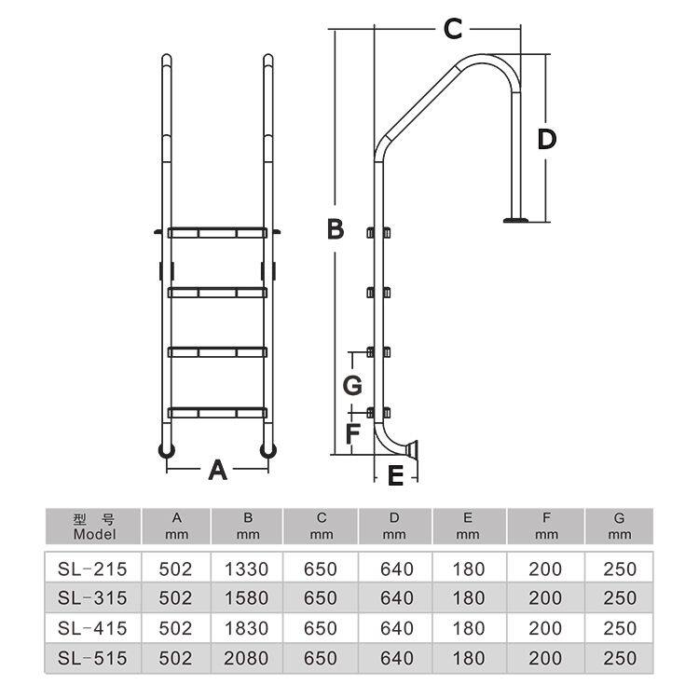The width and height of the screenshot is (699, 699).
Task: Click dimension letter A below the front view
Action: tap(217, 471)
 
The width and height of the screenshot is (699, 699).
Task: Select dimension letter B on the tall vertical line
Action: tap(336, 229)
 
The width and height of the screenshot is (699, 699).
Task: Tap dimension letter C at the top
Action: tap(452, 30)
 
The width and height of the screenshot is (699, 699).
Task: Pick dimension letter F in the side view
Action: tap(352, 433)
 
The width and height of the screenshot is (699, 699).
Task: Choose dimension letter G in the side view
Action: tap(352, 384)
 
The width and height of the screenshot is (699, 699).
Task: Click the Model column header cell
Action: tap(93, 527)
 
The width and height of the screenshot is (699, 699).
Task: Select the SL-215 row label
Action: tap(90, 569)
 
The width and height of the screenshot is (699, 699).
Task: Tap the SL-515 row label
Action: tap(90, 658)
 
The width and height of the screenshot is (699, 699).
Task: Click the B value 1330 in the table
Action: tap(248, 569)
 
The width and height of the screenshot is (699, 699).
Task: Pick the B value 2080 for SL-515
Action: tap(248, 658)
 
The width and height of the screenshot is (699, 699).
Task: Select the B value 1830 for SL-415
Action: tap(248, 628)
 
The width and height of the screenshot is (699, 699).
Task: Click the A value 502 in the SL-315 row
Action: tap(176, 598)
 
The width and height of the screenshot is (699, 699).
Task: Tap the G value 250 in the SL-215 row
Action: tap(620, 569)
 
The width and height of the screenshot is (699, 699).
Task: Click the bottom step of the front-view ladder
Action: tap(217, 412)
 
